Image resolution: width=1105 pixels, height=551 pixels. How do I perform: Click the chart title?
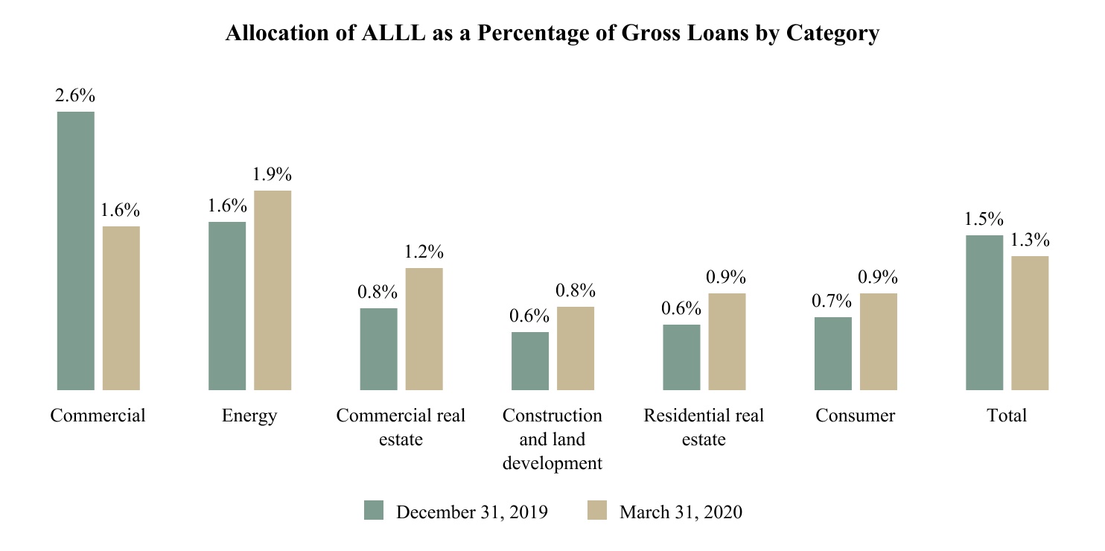point(552,34)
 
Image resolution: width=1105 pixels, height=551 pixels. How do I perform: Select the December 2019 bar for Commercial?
point(76,250)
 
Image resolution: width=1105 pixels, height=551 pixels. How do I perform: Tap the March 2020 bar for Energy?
point(273,290)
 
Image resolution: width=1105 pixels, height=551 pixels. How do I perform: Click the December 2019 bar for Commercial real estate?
point(379,348)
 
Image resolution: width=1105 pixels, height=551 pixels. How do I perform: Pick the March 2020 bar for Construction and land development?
point(576,348)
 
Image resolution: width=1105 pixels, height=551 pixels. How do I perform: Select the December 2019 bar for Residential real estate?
point(681,357)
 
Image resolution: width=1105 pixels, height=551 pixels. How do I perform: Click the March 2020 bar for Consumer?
point(879,341)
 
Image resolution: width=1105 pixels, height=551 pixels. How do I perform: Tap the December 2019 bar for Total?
point(984,312)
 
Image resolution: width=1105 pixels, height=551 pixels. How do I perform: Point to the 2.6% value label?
point(74,96)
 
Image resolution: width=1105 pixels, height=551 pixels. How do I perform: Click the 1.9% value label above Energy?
point(272,175)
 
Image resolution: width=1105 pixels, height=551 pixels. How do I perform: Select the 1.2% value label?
point(424,252)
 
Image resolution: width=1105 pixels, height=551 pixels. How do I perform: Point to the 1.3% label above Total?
point(1030,241)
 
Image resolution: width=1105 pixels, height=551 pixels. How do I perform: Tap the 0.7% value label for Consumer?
point(832,302)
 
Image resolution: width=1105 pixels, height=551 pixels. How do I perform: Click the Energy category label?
point(249,415)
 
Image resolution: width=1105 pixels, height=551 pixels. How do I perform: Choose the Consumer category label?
point(856,415)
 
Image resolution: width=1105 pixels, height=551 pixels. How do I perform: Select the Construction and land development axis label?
point(552,439)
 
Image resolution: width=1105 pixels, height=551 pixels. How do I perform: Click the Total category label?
point(1007,415)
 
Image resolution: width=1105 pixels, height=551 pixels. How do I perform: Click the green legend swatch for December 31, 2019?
point(373,511)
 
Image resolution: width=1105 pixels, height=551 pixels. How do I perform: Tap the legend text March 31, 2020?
point(681,512)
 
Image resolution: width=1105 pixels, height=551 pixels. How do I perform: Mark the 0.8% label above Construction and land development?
point(576,291)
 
